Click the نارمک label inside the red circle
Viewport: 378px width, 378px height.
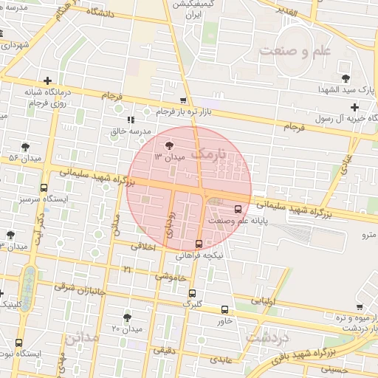point(205,154)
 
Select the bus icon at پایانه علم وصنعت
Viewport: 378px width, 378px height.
point(238,209)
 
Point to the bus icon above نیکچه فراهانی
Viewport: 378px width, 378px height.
point(198,244)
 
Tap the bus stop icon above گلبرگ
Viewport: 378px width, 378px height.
point(192,293)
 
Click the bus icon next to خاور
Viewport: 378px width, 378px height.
point(224,309)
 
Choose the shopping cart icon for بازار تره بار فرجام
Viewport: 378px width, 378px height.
point(183,100)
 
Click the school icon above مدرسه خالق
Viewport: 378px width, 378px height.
point(131,120)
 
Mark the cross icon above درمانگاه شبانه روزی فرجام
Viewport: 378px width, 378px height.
point(47,80)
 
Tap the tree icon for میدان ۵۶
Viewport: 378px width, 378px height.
point(26,147)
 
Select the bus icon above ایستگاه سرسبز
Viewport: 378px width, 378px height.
point(44,188)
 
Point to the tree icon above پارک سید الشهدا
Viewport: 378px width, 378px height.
point(345,78)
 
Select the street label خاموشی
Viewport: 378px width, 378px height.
point(171,277)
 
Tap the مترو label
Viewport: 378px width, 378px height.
point(367,236)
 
